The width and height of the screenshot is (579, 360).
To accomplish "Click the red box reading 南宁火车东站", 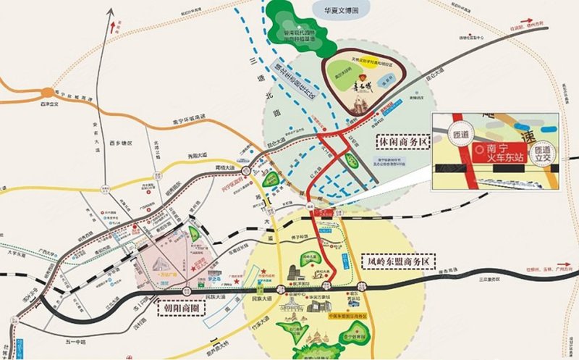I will [x=499, y=153].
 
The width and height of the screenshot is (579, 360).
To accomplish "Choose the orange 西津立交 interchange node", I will [x=49, y=93].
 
